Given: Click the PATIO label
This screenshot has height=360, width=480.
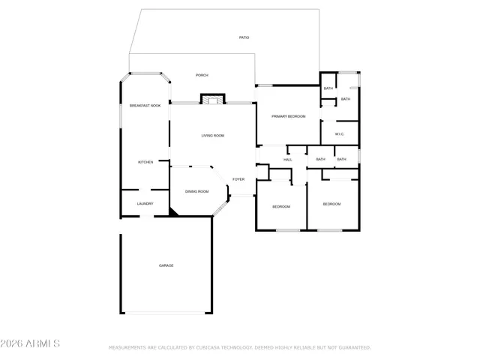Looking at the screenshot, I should click(x=244, y=37).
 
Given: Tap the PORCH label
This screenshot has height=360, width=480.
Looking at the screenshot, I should click(x=202, y=75).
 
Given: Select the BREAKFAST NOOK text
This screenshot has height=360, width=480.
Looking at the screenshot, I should click(x=145, y=106).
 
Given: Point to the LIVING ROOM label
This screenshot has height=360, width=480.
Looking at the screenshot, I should click(x=212, y=136).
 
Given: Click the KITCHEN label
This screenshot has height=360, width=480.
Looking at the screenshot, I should click(x=145, y=163).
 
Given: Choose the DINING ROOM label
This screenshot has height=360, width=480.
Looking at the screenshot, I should click(x=196, y=192).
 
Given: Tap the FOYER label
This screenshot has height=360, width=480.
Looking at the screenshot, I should click(x=238, y=179).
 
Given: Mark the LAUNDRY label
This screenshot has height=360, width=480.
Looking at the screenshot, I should click(x=145, y=204).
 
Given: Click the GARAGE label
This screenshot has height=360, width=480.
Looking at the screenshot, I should click(x=166, y=265).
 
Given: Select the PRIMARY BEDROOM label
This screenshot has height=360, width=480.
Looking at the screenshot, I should click(x=288, y=116).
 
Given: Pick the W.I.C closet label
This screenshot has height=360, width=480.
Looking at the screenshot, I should click(x=339, y=134).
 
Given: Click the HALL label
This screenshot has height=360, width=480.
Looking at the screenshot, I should click(x=287, y=160).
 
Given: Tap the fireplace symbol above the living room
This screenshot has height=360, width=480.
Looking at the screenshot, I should click(x=212, y=99).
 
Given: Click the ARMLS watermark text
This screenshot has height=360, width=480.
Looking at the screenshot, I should click(x=31, y=343).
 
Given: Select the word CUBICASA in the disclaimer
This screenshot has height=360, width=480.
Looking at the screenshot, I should click(x=212, y=348).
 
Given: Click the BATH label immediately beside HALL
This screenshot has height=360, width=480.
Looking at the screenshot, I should click(x=320, y=159).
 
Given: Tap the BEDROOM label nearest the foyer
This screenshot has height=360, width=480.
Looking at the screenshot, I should click(x=280, y=206).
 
